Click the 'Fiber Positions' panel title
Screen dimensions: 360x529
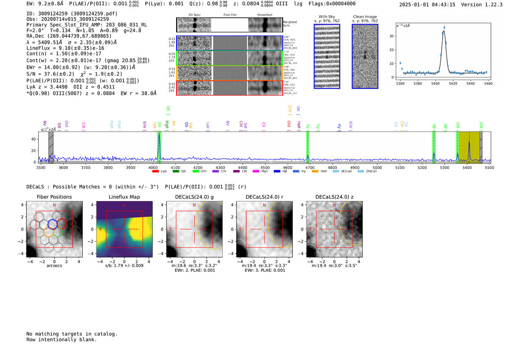pos(54,197)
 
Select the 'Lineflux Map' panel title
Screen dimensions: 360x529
pos(124,197)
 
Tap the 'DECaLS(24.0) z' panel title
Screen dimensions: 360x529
pos(334,197)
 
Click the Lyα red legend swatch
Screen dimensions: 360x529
pos(155,172)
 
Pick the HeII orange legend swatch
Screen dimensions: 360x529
pos(315,172)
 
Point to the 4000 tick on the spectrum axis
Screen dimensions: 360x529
pos(153,167)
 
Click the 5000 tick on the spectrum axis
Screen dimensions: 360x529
pos(377,167)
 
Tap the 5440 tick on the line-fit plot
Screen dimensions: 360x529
pos(470,83)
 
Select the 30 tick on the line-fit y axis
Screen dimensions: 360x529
pos(391,36)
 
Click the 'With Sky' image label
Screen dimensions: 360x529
pos(327,17)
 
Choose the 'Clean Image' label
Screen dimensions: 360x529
pos(365,17)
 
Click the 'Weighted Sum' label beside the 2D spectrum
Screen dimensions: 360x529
pos(289,24)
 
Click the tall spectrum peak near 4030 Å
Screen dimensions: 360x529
pos(159,134)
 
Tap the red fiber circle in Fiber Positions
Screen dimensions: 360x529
pos(62,223)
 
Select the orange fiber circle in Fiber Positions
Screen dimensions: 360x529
pos(48,232)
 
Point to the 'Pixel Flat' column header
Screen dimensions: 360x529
pos(230,15)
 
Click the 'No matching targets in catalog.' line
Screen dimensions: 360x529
pos(72,334)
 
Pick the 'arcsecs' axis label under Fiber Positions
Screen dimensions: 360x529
pos(54,266)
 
